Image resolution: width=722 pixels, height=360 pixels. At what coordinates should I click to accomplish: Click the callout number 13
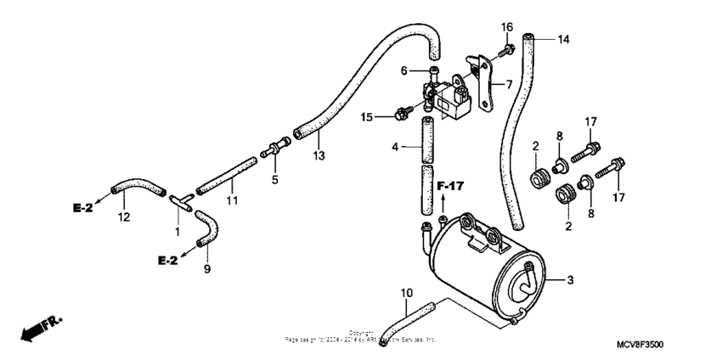(x=318, y=155)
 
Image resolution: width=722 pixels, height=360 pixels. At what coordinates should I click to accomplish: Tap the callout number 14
(x=564, y=39)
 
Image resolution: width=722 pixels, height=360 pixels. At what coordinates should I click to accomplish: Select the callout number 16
(x=506, y=27)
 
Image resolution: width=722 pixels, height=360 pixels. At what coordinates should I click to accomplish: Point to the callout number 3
(x=569, y=279)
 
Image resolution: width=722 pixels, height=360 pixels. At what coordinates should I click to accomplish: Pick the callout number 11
(x=232, y=200)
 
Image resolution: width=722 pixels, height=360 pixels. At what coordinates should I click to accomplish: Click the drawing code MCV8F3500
(x=640, y=345)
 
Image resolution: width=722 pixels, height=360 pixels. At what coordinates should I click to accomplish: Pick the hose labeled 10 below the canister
(x=406, y=319)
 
